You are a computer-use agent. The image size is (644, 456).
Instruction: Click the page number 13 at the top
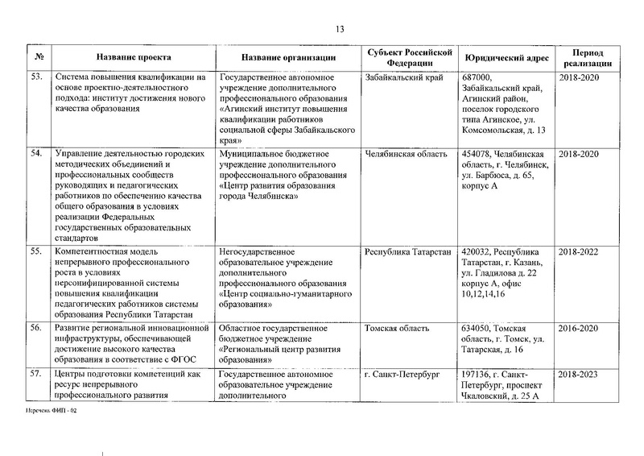pos(339,30)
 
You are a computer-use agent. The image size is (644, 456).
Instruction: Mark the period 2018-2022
pos(579,252)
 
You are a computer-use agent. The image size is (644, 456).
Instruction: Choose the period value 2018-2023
pos(579,375)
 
